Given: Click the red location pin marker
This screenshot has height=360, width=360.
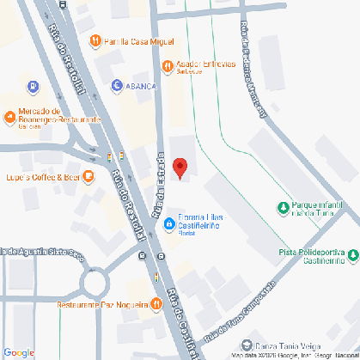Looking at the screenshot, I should coord(180,167).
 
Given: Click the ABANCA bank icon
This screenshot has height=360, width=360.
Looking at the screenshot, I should coord(117,85).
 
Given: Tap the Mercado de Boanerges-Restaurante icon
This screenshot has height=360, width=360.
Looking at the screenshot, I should coord(9,115).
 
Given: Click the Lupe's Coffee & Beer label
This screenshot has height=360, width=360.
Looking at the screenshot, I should coord(37,177).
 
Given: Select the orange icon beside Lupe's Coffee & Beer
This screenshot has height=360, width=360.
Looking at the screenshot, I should coord(87,177).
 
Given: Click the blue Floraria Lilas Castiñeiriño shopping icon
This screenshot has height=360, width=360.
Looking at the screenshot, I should coord(169,225).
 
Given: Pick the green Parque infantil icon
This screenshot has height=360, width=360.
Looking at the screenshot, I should coord(284,207).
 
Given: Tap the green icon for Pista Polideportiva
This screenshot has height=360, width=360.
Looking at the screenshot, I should coord(353,254).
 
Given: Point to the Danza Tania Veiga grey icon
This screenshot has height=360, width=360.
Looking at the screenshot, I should coord(247,343).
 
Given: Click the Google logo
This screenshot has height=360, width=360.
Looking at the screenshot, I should coord(18,352).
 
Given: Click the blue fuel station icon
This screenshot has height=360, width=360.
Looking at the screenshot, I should coord(33,86).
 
